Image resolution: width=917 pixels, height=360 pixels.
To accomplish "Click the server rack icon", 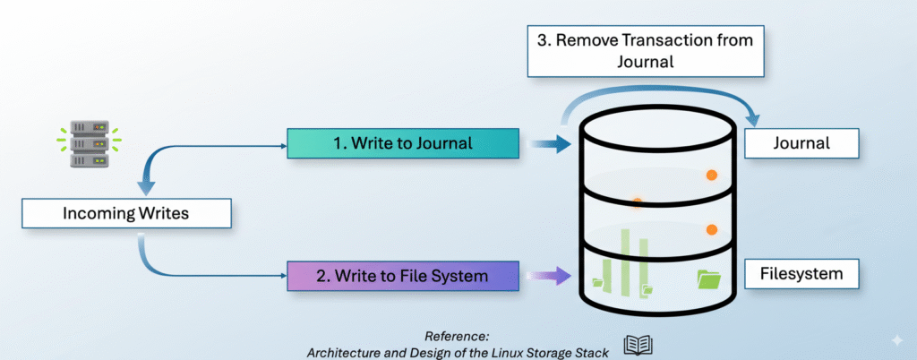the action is pyautogui.click(x=90, y=144).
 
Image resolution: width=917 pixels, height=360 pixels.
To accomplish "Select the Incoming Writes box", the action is pyautogui.click(x=126, y=213).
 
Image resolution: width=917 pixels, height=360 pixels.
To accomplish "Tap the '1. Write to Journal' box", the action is pyautogui.click(x=402, y=143).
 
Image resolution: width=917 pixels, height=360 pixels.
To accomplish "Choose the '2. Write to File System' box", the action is pyautogui.click(x=402, y=276).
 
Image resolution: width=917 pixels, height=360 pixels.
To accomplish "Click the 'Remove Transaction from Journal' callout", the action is pyautogui.click(x=646, y=51).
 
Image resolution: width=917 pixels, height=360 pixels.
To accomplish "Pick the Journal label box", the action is pyautogui.click(x=801, y=143).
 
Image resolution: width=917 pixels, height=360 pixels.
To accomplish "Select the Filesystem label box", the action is pyautogui.click(x=801, y=273).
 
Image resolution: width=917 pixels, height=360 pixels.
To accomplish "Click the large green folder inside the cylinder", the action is pyautogui.click(x=709, y=279).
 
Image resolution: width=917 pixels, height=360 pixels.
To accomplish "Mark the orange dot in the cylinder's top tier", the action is pyautogui.click(x=712, y=175).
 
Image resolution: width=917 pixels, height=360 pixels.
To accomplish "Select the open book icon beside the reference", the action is pyautogui.click(x=638, y=346).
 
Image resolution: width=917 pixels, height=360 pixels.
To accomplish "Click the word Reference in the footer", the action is pyautogui.click(x=456, y=336).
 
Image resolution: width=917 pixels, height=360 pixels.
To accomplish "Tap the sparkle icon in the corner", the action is pyautogui.click(x=896, y=341).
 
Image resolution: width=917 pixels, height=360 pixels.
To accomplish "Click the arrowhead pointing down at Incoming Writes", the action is pyautogui.click(x=146, y=188).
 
